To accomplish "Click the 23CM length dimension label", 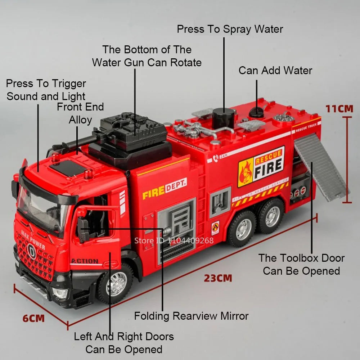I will (x=218, y=278).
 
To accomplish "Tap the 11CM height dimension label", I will (x=339, y=108).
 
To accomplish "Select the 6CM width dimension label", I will (x=33, y=318).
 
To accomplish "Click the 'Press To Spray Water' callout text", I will (x=230, y=29).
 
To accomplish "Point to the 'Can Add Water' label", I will (x=275, y=70).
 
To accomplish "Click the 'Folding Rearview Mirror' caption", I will (x=191, y=316).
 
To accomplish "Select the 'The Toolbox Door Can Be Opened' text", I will (x=301, y=264).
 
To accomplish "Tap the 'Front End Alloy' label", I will (x=80, y=113).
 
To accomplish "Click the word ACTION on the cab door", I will (x=85, y=261).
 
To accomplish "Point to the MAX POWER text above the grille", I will (x=33, y=239).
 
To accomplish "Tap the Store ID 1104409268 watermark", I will (x=174, y=240).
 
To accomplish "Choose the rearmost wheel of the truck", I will (x=271, y=216).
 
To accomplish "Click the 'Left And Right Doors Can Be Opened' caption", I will (x=123, y=343).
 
